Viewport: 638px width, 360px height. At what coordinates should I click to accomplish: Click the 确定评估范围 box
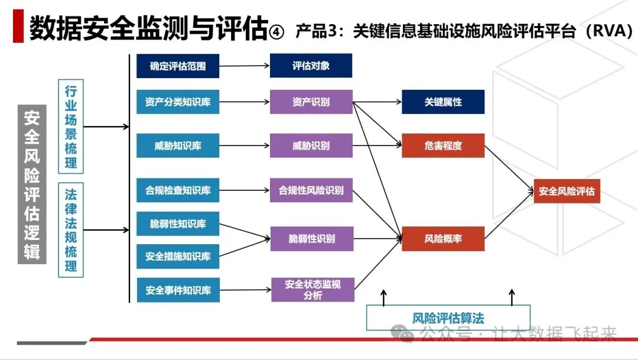pos(178,66)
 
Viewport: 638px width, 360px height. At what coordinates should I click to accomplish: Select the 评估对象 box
pos(311,66)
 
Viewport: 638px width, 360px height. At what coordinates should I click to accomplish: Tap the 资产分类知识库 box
pos(178,102)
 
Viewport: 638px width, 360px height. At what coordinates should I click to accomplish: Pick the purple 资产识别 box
pos(311,102)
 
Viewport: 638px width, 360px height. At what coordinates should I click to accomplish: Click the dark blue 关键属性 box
pos(443,102)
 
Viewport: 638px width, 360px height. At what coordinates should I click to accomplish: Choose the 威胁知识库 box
pos(178,145)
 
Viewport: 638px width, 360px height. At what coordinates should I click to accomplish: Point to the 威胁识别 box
pos(311,145)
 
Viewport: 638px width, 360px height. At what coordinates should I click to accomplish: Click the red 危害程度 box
pos(443,145)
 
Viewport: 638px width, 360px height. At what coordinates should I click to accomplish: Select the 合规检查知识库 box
pos(178,190)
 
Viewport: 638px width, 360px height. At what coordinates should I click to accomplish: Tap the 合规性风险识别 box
pos(311,190)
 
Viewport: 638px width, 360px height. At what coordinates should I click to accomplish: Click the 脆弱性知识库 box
pos(178,224)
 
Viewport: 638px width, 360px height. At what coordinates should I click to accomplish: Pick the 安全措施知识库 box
pos(178,257)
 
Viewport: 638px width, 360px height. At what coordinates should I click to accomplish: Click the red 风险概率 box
pos(443,239)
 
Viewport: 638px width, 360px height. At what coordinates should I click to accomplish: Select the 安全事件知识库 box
pos(178,290)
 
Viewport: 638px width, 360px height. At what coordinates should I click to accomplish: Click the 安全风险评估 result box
pos(567,192)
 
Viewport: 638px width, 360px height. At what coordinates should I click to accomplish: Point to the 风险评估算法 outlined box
pos(448,318)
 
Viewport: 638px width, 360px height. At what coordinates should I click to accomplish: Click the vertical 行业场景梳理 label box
pos(71,127)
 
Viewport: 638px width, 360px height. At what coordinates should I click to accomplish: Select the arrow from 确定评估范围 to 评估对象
pos(244,66)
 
